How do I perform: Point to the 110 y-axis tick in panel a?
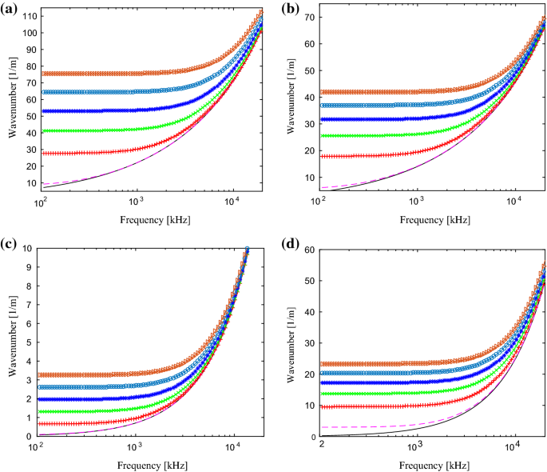coord(29,16)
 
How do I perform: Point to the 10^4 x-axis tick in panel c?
coord(232,446)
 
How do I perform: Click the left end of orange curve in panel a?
coord(42,74)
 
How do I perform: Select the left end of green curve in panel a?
coord(42,130)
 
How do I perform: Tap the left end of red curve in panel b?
coord(323,156)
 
